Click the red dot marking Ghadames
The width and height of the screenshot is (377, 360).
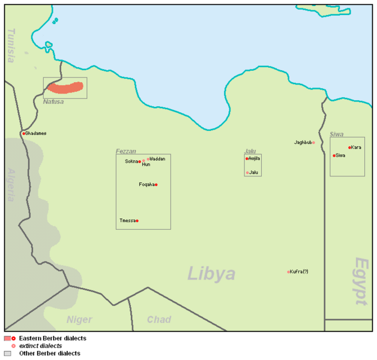point(23,133)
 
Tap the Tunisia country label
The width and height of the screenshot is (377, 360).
point(11,46)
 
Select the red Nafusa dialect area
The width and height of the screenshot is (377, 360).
point(65,88)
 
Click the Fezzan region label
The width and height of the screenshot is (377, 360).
point(126,151)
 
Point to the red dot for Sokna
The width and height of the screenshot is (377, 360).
point(140,161)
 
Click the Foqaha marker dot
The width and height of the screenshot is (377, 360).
point(156,184)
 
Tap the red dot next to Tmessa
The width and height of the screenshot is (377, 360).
point(137,221)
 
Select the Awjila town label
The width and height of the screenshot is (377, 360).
point(255,158)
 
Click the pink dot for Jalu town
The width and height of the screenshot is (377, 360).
point(247,173)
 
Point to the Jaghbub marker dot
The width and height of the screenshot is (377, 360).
point(313,142)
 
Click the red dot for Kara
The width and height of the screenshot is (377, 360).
point(349,148)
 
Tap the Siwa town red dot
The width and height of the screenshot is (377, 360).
point(334,155)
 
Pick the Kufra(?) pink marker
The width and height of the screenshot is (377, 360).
point(288,272)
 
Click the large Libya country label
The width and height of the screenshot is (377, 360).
point(211,274)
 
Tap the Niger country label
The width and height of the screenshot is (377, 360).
point(79,320)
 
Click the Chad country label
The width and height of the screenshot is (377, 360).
point(159,320)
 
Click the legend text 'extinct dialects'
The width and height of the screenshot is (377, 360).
point(40,346)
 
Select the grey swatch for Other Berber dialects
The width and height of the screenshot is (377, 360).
point(8,353)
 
